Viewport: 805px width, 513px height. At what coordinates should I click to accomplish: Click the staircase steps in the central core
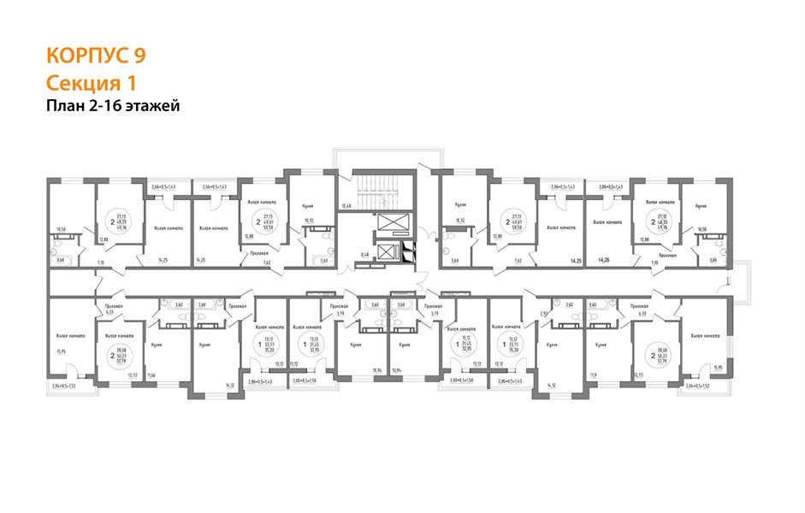tap(376, 192)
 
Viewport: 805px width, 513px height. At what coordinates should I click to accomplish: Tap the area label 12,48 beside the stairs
tap(346, 206)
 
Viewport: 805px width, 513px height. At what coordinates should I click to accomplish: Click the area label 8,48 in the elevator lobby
tap(364, 255)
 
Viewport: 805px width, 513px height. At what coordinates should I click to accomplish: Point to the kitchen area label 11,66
tap(151, 375)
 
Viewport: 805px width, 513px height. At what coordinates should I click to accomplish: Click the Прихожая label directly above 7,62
tap(259, 254)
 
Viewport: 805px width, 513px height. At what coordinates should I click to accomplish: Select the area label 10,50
tap(701, 229)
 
